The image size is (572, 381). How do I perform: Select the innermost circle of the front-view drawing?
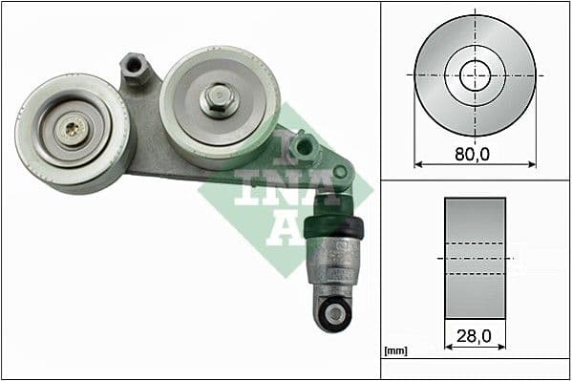click(475, 74)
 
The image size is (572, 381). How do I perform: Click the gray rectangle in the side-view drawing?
click(475, 259)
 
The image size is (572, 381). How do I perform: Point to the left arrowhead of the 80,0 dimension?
click(417, 164)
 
